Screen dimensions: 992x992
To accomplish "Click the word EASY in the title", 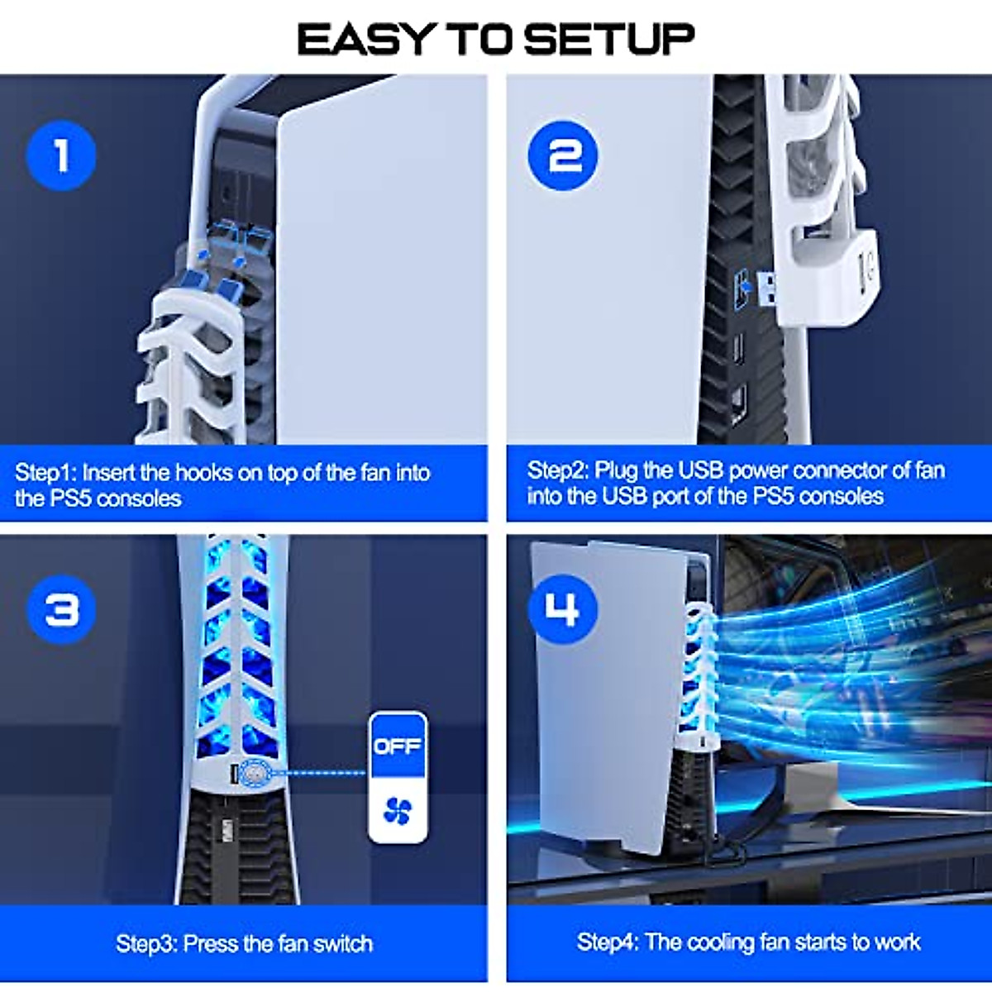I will pos(365,40).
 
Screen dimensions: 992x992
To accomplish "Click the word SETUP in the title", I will pos(608,40).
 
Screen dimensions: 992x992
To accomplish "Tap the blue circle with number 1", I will pos(61,155).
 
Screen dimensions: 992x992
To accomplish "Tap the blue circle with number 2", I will pos(563,155).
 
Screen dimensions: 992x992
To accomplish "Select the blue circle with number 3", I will pos(62,610).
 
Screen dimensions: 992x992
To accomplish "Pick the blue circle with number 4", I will pos(562,610).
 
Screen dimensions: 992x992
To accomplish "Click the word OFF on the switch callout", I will pos(398,746).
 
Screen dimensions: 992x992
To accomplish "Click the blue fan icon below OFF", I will pos(398,812).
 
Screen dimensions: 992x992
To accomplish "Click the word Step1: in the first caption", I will pos(45,473).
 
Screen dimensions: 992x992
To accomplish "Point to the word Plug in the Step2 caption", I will pos(616,470).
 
